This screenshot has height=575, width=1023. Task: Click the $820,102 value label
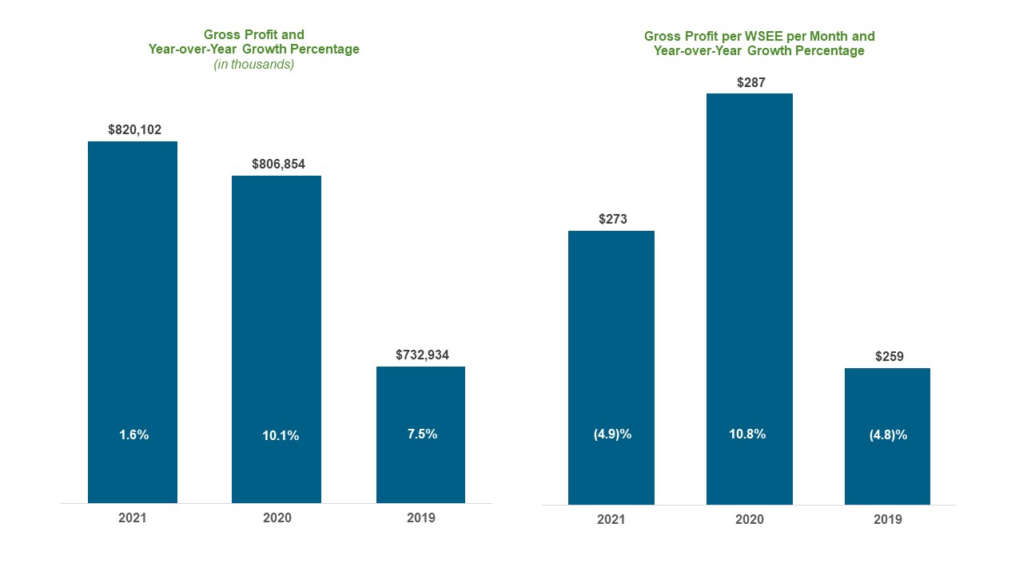134,129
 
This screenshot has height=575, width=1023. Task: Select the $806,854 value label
278,164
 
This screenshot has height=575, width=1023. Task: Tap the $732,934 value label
422,355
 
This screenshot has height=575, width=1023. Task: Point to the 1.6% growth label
134,435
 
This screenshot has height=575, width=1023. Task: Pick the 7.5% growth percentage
422,434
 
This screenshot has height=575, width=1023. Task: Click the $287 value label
750,81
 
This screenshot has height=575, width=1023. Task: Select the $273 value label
612,219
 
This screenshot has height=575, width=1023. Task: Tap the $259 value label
888,356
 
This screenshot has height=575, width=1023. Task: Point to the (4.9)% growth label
612,435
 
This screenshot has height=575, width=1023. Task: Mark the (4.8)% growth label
888,435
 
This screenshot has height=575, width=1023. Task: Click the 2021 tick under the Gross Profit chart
133,517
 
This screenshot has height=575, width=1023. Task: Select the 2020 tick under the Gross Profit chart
277,517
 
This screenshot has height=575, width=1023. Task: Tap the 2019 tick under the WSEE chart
888,519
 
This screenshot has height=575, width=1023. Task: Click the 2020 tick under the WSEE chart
750,519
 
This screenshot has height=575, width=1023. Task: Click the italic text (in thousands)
253,64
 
